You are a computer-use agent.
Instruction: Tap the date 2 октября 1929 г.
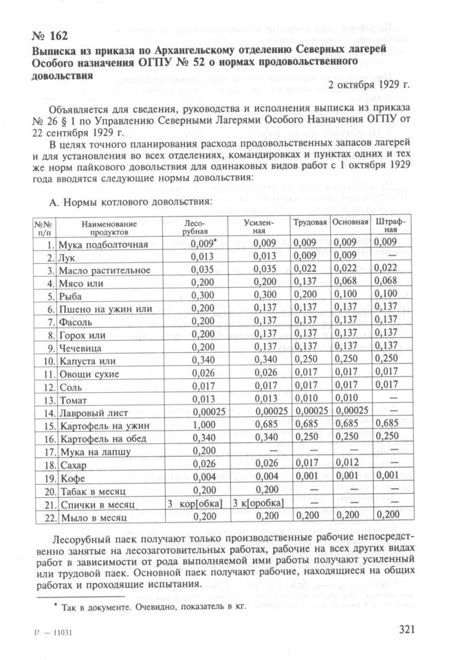point(369,85)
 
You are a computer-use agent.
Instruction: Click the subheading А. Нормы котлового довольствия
point(126,203)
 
